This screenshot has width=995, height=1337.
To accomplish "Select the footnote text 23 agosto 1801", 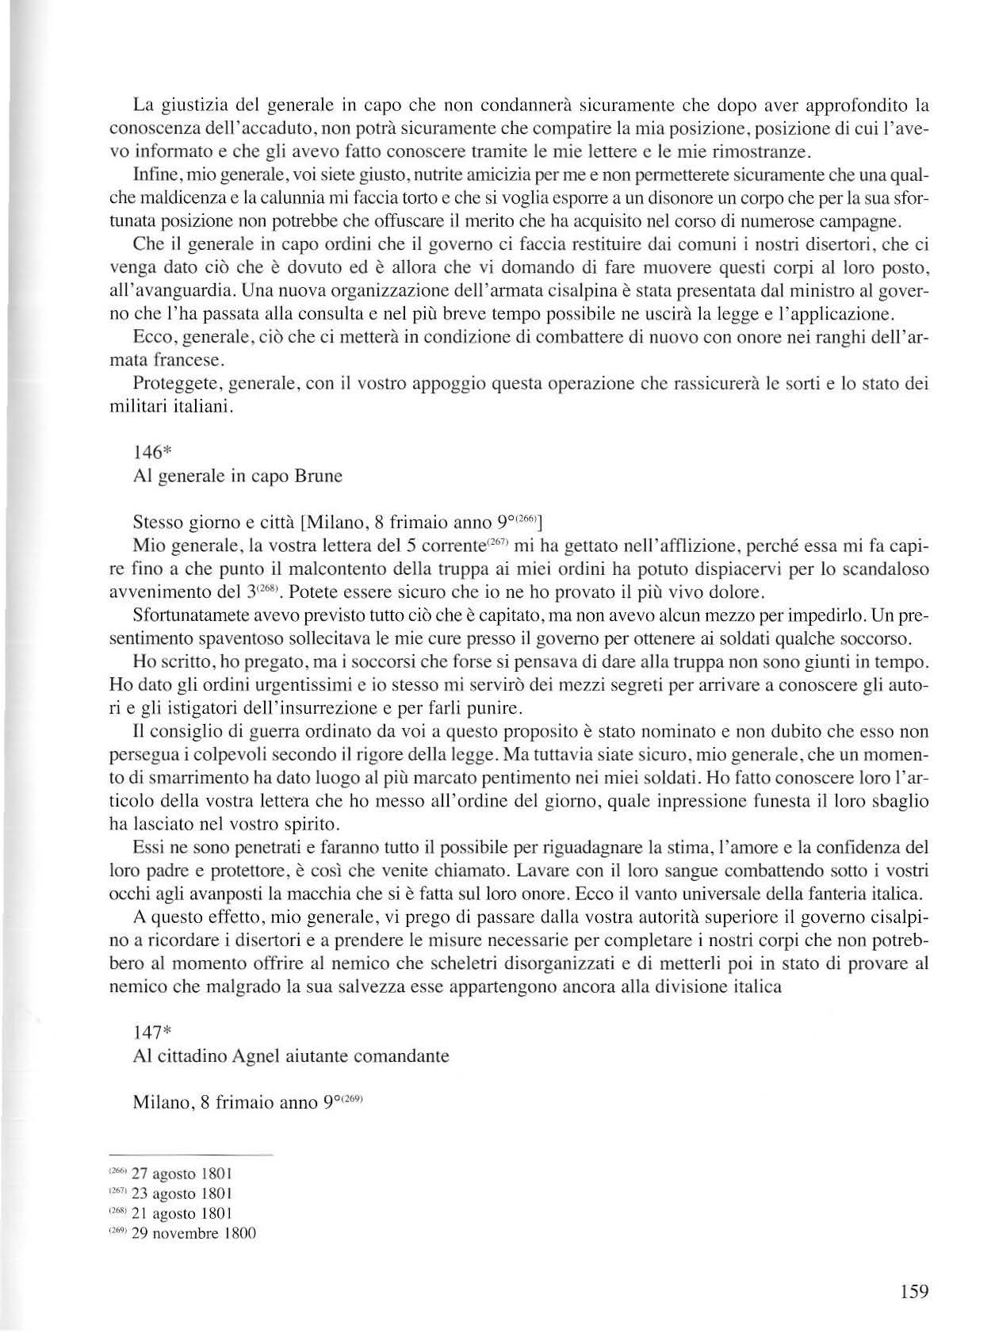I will (184, 1193).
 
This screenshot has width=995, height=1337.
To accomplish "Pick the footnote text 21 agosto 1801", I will (184, 1212).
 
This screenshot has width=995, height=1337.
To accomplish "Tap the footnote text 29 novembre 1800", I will (193, 1233).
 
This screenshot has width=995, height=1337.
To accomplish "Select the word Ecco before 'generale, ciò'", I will (151, 338).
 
